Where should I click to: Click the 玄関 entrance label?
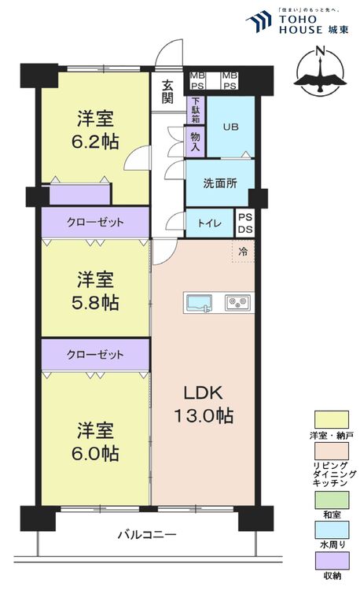(167, 91)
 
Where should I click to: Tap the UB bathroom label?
(230, 127)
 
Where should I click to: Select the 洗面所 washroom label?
(219, 184)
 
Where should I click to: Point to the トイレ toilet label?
(210, 223)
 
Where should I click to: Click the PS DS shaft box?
(245, 223)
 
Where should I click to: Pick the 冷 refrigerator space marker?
(243, 252)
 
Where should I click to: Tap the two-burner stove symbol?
(237, 302)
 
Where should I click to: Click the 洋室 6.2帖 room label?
(96, 131)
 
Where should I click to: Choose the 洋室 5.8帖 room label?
(97, 290)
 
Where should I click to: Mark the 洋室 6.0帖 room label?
(97, 442)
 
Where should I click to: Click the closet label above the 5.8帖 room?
(95, 223)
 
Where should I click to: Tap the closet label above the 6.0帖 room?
(95, 354)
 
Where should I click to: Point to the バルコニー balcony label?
(147, 535)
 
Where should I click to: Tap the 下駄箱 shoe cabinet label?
(193, 109)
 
